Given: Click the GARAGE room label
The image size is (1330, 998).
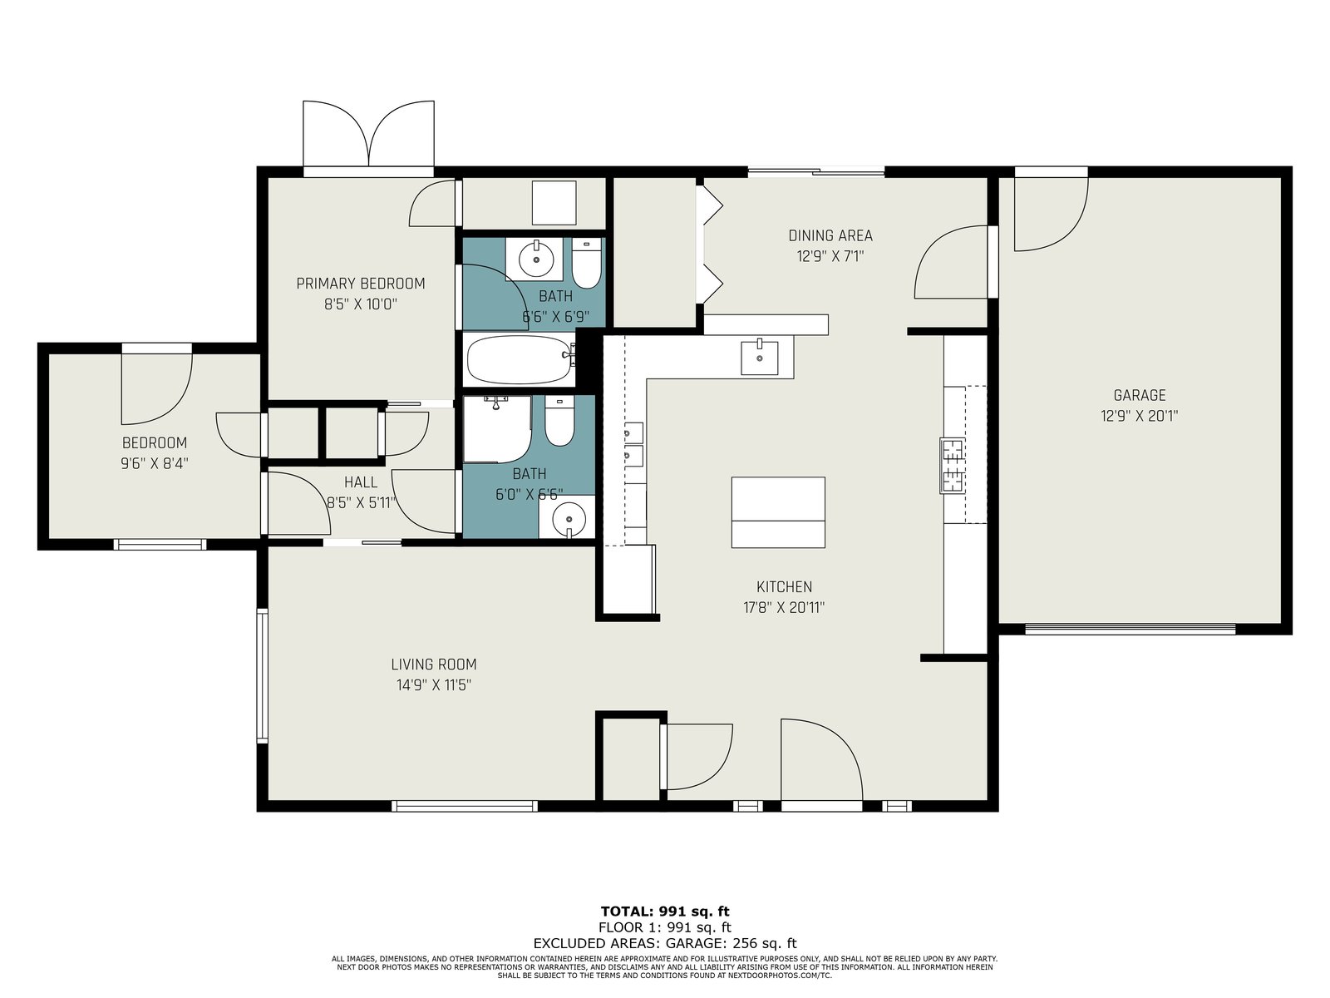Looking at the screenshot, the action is pyautogui.click(x=1139, y=396).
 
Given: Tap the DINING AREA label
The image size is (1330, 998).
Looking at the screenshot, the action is pyautogui.click(x=830, y=235).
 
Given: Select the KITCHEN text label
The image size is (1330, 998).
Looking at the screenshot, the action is pyautogui.click(x=784, y=586).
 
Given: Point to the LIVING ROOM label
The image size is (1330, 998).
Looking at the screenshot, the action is pyautogui.click(x=434, y=665).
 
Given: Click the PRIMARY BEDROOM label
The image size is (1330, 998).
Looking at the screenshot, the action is pyautogui.click(x=361, y=283).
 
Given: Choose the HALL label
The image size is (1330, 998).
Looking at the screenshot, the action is pyautogui.click(x=361, y=482).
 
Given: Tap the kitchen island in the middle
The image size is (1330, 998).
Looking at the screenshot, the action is pyautogui.click(x=778, y=512).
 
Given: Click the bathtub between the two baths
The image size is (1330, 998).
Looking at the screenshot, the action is pyautogui.click(x=520, y=359).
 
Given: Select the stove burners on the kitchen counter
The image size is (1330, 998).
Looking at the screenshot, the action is pyautogui.click(x=952, y=466).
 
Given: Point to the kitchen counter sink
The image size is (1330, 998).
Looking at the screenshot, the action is pyautogui.click(x=759, y=358).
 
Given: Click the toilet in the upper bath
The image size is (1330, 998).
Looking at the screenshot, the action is pyautogui.click(x=586, y=264).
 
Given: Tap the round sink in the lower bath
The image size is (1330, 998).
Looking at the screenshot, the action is pyautogui.click(x=569, y=519).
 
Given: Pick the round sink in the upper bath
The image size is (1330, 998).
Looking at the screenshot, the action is pyautogui.click(x=536, y=259).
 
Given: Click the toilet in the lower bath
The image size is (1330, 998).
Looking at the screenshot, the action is pyautogui.click(x=559, y=421).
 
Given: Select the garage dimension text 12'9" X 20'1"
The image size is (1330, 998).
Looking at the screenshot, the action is pyautogui.click(x=1139, y=417).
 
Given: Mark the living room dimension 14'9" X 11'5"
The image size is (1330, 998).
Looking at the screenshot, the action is pyautogui.click(x=434, y=684).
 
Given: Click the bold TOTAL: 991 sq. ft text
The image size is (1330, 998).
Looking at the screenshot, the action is pyautogui.click(x=665, y=912).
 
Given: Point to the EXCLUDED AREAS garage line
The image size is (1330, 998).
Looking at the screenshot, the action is pyautogui.click(x=665, y=943).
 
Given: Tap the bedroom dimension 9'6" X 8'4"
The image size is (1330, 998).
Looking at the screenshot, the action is pyautogui.click(x=155, y=463).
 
